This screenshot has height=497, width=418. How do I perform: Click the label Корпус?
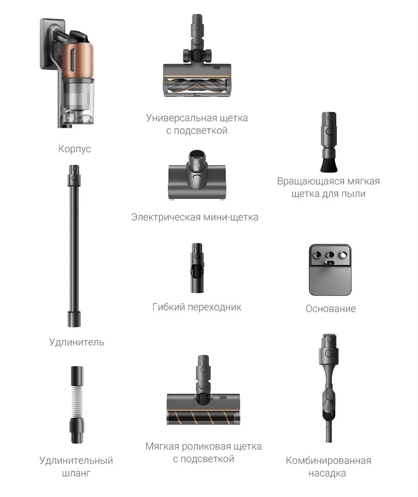74,149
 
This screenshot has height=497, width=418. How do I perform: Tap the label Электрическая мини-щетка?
194,217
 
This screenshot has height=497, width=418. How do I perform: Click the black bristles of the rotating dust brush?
329,164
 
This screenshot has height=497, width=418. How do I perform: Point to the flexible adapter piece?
197,268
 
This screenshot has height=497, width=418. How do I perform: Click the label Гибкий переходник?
196,307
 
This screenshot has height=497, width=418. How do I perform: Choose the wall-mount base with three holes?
330,270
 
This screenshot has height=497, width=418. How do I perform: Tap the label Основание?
331,309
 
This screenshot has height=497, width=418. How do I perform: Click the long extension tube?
74,246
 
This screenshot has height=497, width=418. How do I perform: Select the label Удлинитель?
77,342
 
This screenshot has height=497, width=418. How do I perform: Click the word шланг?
76,473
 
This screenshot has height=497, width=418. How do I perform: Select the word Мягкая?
164,447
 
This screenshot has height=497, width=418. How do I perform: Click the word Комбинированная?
328,461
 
